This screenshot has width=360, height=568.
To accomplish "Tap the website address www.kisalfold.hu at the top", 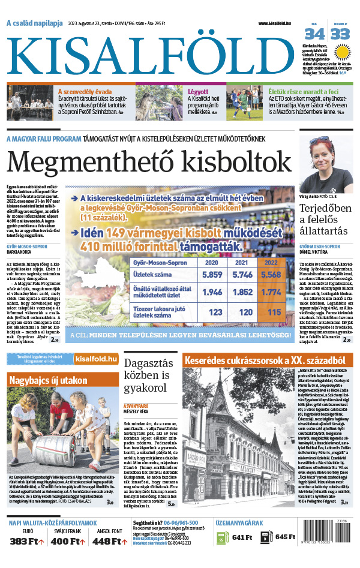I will (283, 23).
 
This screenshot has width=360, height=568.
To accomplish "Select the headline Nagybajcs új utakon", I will (49, 380).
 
